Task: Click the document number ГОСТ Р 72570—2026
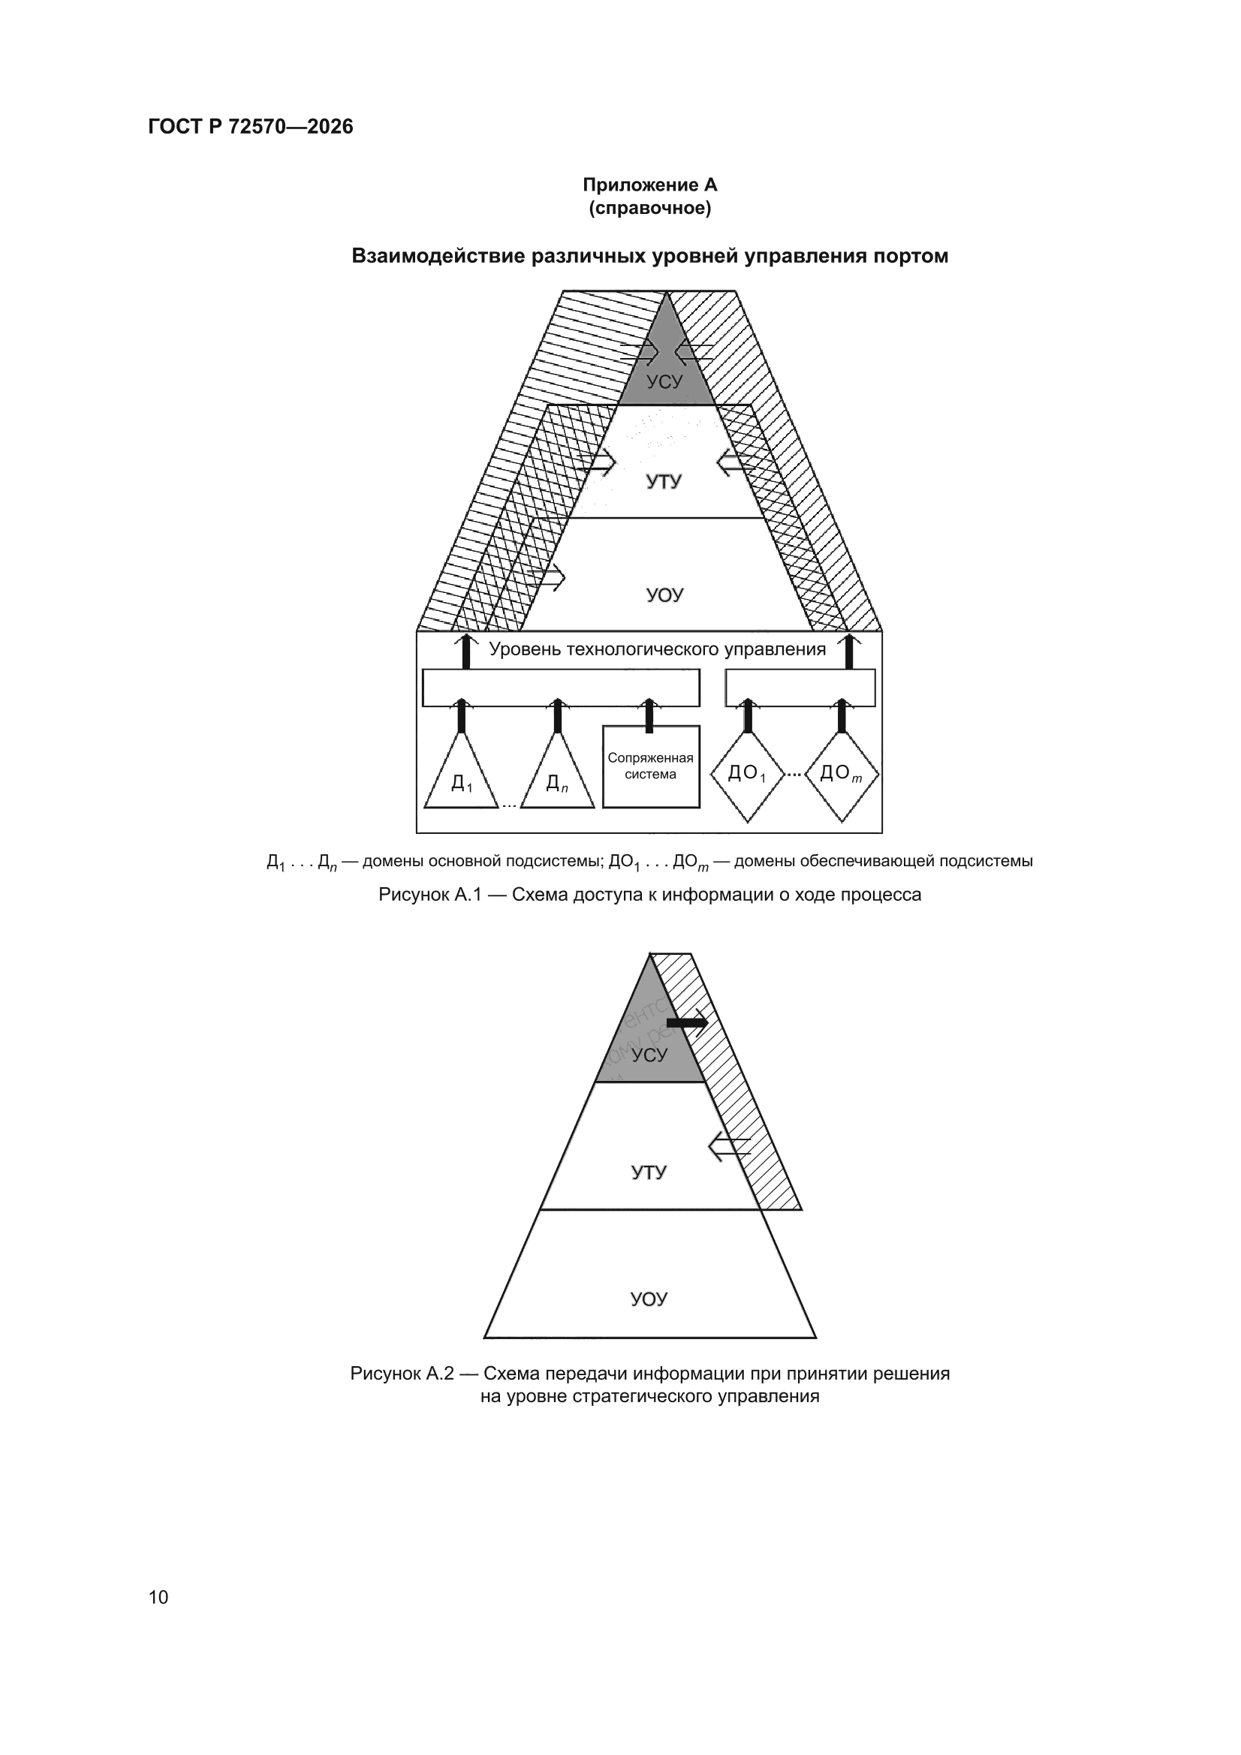click(x=250, y=126)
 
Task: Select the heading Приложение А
click(x=650, y=185)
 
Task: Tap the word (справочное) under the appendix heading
click(x=650, y=208)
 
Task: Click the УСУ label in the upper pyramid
click(x=664, y=381)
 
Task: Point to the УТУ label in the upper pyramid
click(x=663, y=482)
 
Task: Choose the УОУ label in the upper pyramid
click(x=664, y=595)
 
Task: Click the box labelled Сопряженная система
click(x=651, y=766)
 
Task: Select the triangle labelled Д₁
click(x=461, y=770)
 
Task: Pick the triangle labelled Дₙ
click(x=557, y=770)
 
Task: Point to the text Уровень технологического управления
click(x=658, y=650)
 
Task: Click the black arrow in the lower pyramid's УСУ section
click(x=688, y=1022)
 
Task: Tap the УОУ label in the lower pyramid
click(x=649, y=1299)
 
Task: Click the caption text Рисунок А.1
click(x=429, y=894)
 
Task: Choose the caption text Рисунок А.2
click(x=402, y=1374)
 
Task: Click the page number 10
click(x=158, y=1597)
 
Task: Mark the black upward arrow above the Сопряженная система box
click(x=649, y=715)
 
